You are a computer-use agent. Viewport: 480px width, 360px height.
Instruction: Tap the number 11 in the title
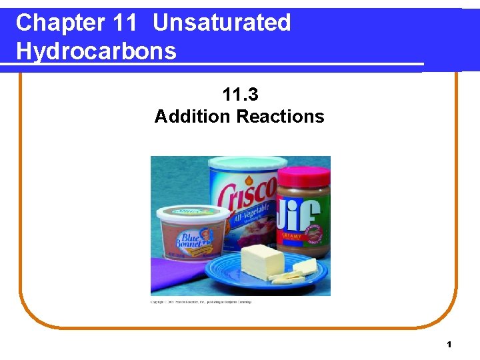pyautogui.click(x=125, y=23)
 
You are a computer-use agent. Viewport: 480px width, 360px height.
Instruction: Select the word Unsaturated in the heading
pyautogui.click(x=221, y=23)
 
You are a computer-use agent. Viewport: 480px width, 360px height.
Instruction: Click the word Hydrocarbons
pyautogui.click(x=96, y=51)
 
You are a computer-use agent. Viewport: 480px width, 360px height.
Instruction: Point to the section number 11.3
pyautogui.click(x=239, y=95)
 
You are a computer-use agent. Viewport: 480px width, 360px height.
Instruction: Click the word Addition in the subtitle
pyautogui.click(x=193, y=117)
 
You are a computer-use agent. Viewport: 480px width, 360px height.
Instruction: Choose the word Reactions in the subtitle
pyautogui.click(x=281, y=117)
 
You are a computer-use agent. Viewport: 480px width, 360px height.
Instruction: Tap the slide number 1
pyautogui.click(x=449, y=344)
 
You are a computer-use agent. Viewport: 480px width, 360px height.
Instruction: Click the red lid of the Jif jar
pyautogui.click(x=303, y=176)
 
